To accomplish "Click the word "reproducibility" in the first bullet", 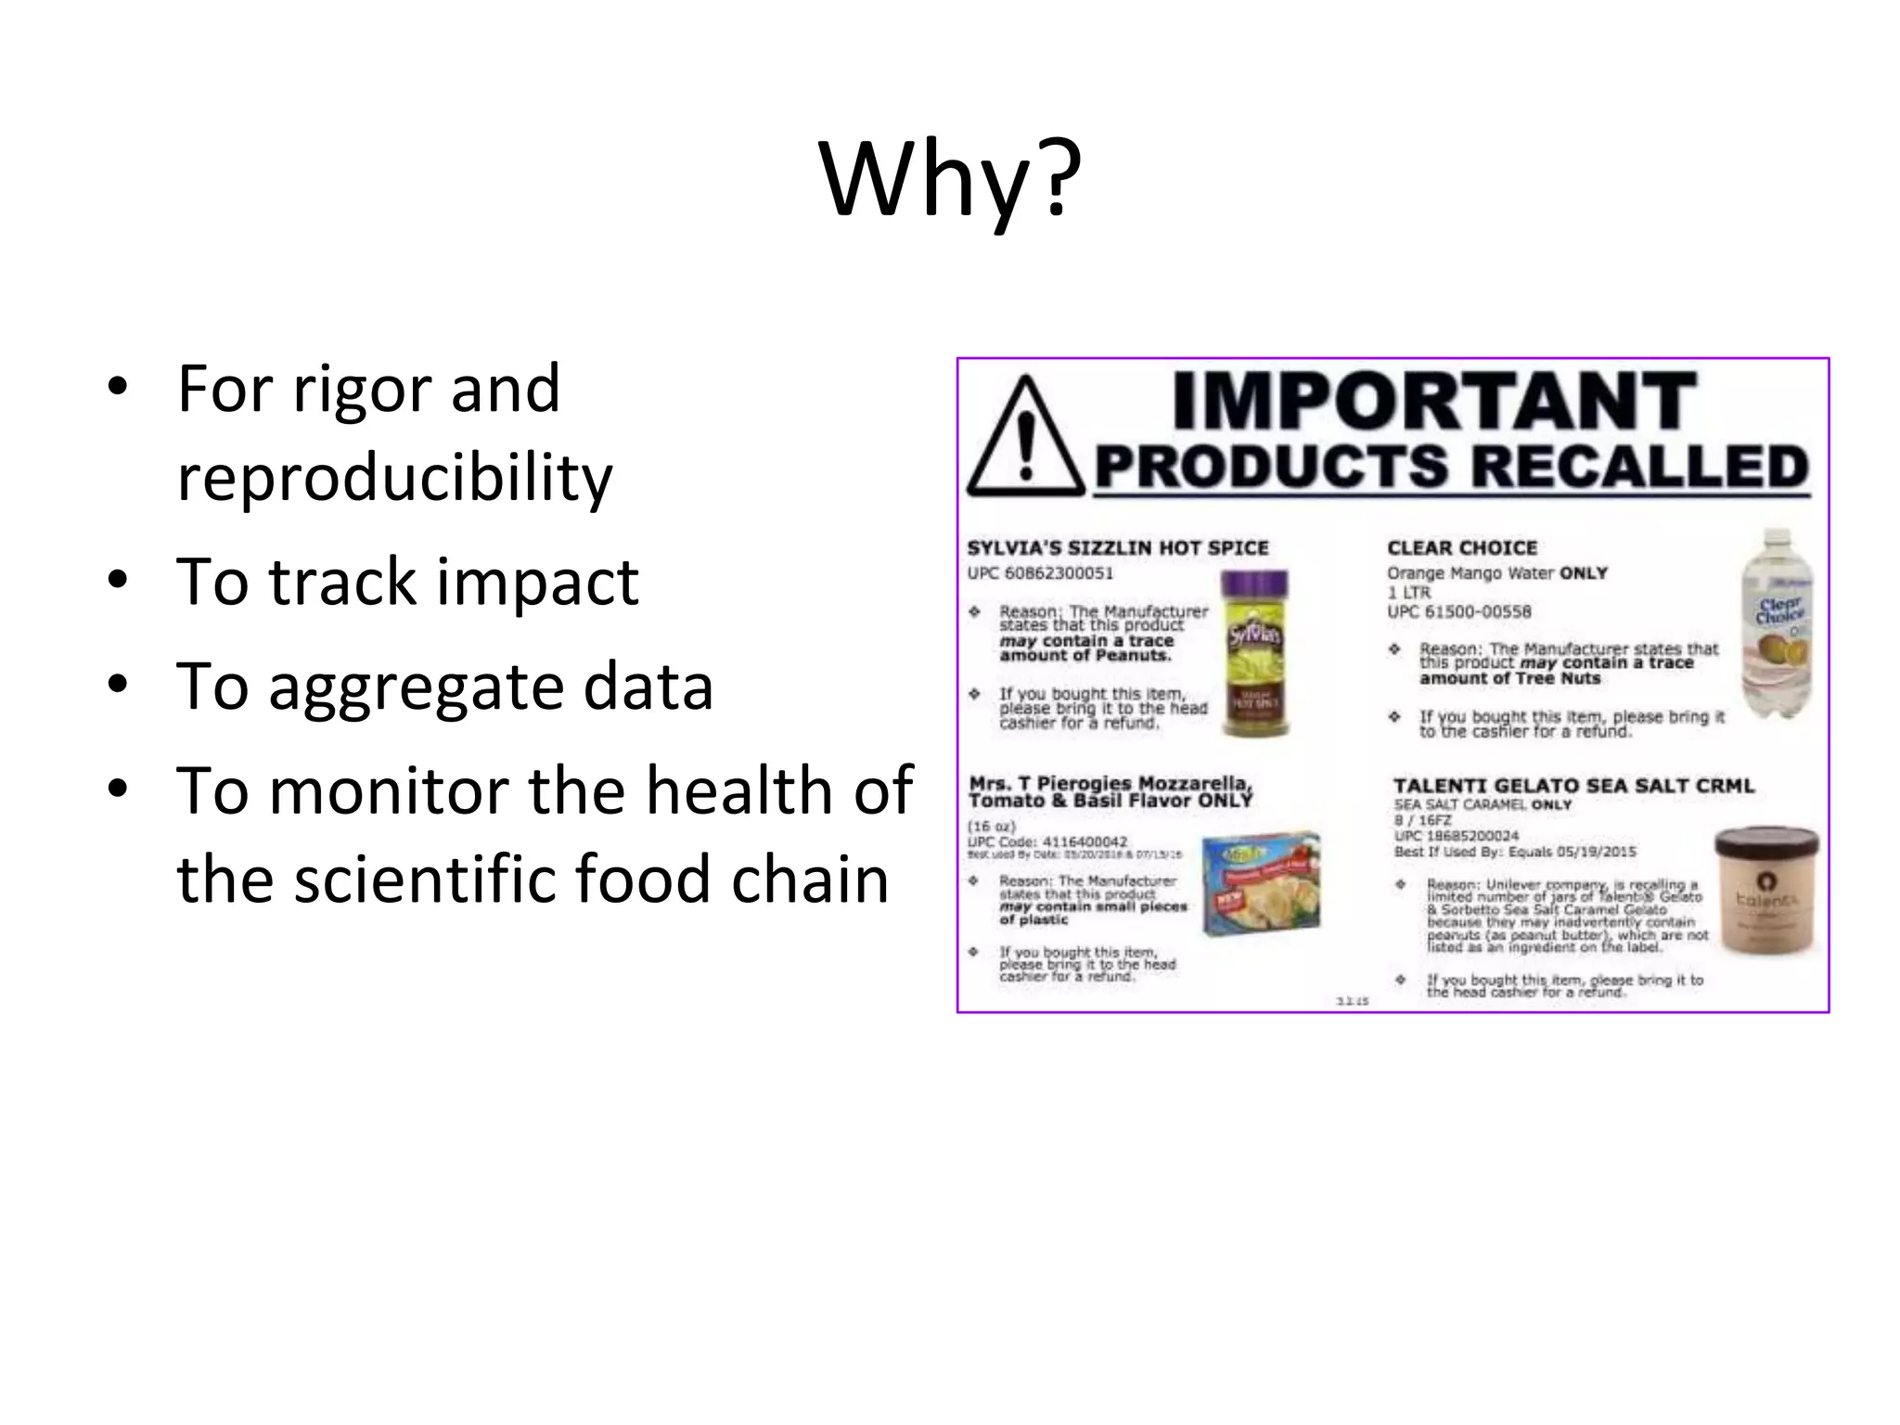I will tap(394, 478).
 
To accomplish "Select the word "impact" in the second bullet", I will tap(537, 583).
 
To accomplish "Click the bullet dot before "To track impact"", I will tap(116, 581).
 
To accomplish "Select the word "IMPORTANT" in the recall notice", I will tap(1434, 401).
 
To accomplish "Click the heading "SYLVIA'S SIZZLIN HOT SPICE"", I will tap(1118, 548).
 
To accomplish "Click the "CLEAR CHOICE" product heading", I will tap(1462, 548).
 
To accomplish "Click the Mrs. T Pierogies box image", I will tap(1261, 882).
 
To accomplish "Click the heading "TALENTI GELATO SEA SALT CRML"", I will tap(1573, 786).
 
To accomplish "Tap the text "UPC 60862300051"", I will tap(1040, 573).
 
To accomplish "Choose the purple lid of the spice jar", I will tap(1253, 586).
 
